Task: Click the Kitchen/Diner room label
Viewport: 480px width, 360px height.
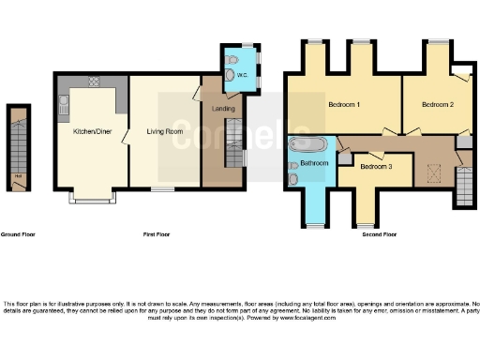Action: [91, 131]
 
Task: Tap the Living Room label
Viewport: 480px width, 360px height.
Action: [164, 131]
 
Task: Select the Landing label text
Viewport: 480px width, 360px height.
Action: [224, 109]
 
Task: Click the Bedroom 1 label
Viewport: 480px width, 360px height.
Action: [344, 104]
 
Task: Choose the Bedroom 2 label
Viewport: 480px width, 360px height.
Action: [438, 104]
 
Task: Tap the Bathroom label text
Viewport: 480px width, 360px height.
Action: [314, 163]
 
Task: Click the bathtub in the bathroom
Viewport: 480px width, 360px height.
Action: [307, 145]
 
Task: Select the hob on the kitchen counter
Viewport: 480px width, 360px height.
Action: [94, 81]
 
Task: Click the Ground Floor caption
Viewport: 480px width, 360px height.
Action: [18, 233]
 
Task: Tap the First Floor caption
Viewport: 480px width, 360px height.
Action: [156, 233]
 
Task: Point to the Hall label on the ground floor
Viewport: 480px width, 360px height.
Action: [18, 175]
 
